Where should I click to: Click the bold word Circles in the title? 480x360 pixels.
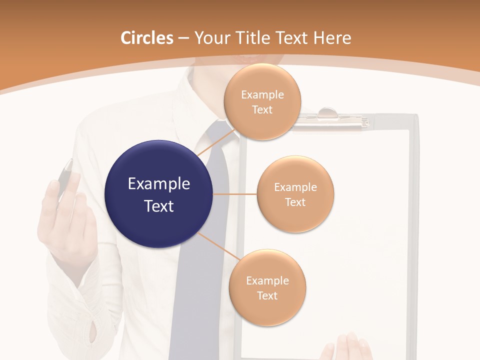[146, 38]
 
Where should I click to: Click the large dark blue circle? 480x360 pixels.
[158, 194]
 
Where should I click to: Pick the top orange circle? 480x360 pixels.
[262, 102]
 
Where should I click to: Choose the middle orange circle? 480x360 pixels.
[295, 194]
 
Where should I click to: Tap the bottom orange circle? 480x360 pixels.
[267, 287]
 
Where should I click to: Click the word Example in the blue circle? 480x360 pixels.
[158, 184]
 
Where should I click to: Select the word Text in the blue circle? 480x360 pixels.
[158, 206]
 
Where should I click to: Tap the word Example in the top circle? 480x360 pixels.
[262, 95]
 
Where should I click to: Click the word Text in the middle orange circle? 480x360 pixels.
[295, 202]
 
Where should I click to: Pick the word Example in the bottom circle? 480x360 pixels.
[267, 280]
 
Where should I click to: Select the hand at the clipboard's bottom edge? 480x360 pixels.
[350, 347]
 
